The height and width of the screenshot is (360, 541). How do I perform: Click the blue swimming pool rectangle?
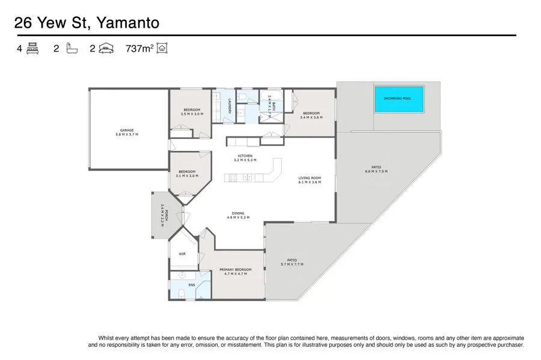[399, 99]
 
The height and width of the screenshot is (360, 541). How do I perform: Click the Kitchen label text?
[245, 156]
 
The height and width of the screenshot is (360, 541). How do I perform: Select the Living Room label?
[310, 178]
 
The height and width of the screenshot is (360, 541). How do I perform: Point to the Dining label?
[238, 213]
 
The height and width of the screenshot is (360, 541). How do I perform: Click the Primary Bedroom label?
[235, 269]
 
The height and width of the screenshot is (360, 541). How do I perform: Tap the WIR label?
[182, 254]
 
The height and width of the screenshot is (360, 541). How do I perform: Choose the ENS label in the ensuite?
[192, 284]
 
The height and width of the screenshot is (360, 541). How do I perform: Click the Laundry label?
[229, 106]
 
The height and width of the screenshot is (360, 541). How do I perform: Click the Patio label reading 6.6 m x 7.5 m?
[376, 167]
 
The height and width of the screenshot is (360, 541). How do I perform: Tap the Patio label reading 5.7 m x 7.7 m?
[292, 260]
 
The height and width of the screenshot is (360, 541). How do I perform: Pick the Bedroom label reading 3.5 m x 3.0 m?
[192, 110]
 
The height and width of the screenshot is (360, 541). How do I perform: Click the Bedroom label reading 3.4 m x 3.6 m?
[311, 114]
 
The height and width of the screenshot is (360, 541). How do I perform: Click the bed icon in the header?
[32, 49]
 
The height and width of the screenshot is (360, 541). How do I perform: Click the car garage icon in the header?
[107, 49]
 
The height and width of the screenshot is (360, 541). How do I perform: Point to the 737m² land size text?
[138, 49]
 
